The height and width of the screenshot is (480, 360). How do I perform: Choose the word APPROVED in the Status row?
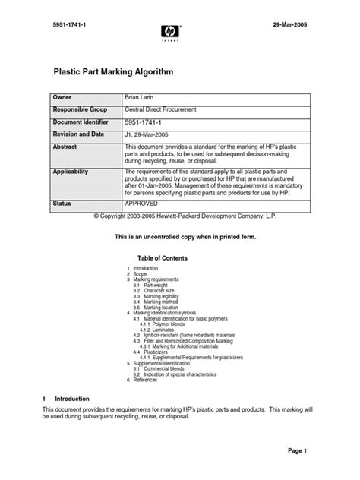pyautogui.click(x=141, y=204)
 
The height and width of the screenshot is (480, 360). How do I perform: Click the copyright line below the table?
pyautogui.click(x=180, y=217)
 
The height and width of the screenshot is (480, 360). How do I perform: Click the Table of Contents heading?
pyautogui.click(x=161, y=258)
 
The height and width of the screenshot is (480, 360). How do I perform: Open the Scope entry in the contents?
pyautogui.click(x=141, y=274)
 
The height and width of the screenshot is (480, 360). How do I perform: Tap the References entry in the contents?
pyautogui.click(x=147, y=358)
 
